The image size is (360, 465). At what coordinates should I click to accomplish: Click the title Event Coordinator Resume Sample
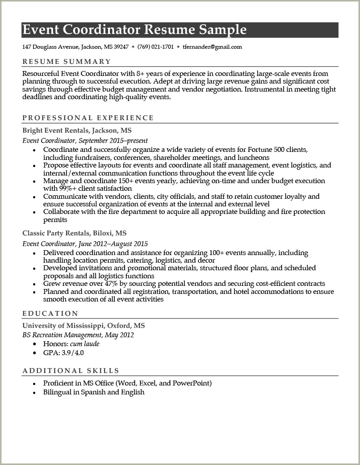134,30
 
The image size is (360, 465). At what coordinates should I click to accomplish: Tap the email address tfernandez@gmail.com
212,46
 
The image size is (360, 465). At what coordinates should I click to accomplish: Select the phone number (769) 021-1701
155,46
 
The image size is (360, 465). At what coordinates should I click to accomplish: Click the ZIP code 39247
121,46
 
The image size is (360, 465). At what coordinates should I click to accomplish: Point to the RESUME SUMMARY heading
67,62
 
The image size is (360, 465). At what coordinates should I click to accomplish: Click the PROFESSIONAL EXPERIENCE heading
88,118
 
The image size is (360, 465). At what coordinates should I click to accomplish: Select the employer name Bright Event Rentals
56,130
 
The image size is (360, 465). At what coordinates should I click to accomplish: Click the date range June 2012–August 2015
113,244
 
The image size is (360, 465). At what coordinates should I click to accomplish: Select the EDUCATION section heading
50,314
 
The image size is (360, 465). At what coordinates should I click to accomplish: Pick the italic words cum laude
85,344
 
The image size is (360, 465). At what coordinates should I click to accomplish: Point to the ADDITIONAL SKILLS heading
71,370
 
